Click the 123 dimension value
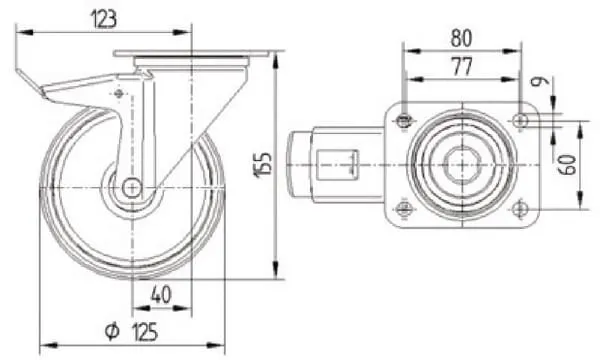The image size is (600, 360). point(103,19)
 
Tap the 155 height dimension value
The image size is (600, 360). point(263,165)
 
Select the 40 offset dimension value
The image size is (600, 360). point(161,295)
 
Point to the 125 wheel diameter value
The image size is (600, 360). point(145,331)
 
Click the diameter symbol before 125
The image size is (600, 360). point(112,331)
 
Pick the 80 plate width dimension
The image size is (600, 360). point(461,38)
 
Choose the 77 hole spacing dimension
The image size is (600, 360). point(463,67)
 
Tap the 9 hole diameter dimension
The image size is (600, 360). point(541,81)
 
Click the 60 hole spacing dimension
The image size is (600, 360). point(569,165)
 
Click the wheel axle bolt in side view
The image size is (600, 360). point(132,188)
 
